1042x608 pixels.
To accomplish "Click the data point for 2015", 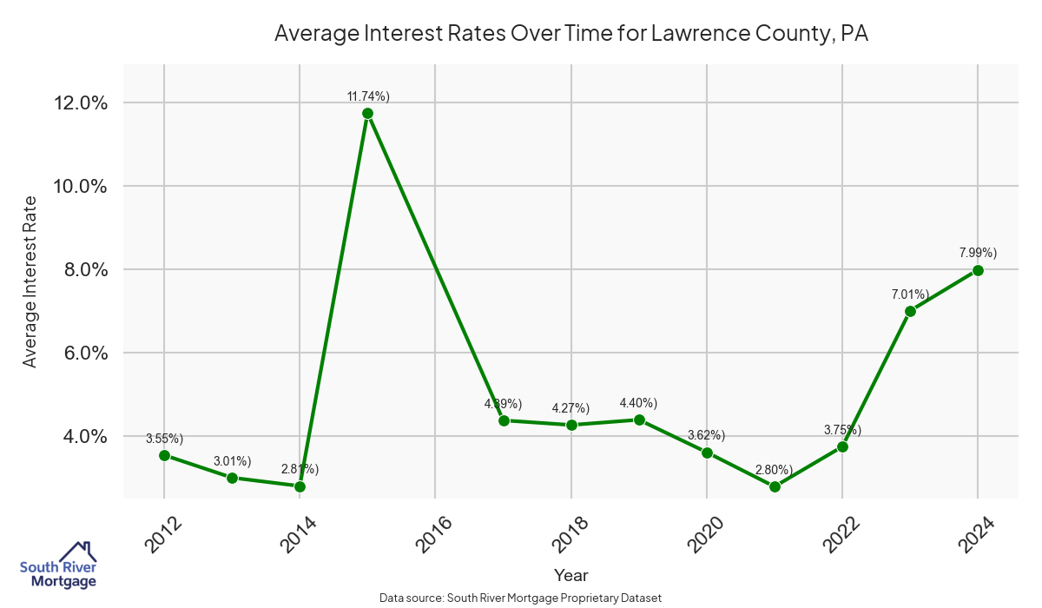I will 367,113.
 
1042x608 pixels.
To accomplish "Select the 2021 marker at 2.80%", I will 775,486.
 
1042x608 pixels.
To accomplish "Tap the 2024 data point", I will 978,270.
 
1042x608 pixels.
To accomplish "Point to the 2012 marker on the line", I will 164,455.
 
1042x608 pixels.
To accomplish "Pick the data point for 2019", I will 639,420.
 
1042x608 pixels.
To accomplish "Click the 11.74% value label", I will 367,96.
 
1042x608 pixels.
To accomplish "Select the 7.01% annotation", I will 910,294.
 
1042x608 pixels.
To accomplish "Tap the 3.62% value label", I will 706,435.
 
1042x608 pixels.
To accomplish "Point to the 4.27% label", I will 570,408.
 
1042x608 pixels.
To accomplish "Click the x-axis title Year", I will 570,575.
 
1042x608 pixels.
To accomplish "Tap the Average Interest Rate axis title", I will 30,281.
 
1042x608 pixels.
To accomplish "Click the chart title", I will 571,34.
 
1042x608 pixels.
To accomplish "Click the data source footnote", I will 521,598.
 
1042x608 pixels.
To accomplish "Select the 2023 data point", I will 910,311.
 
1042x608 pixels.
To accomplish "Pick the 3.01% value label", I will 232,460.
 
